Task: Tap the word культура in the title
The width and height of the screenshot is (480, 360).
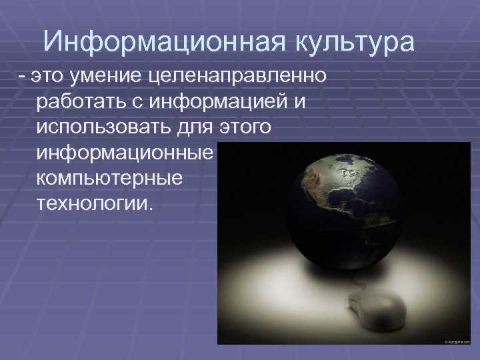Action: click(x=350, y=43)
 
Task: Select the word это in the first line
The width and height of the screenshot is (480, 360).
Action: click(x=51, y=77)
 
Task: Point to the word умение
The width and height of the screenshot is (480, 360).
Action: click(x=113, y=77)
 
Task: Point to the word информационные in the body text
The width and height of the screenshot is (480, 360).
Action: click(x=125, y=153)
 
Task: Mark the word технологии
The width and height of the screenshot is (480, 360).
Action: click(x=95, y=203)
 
